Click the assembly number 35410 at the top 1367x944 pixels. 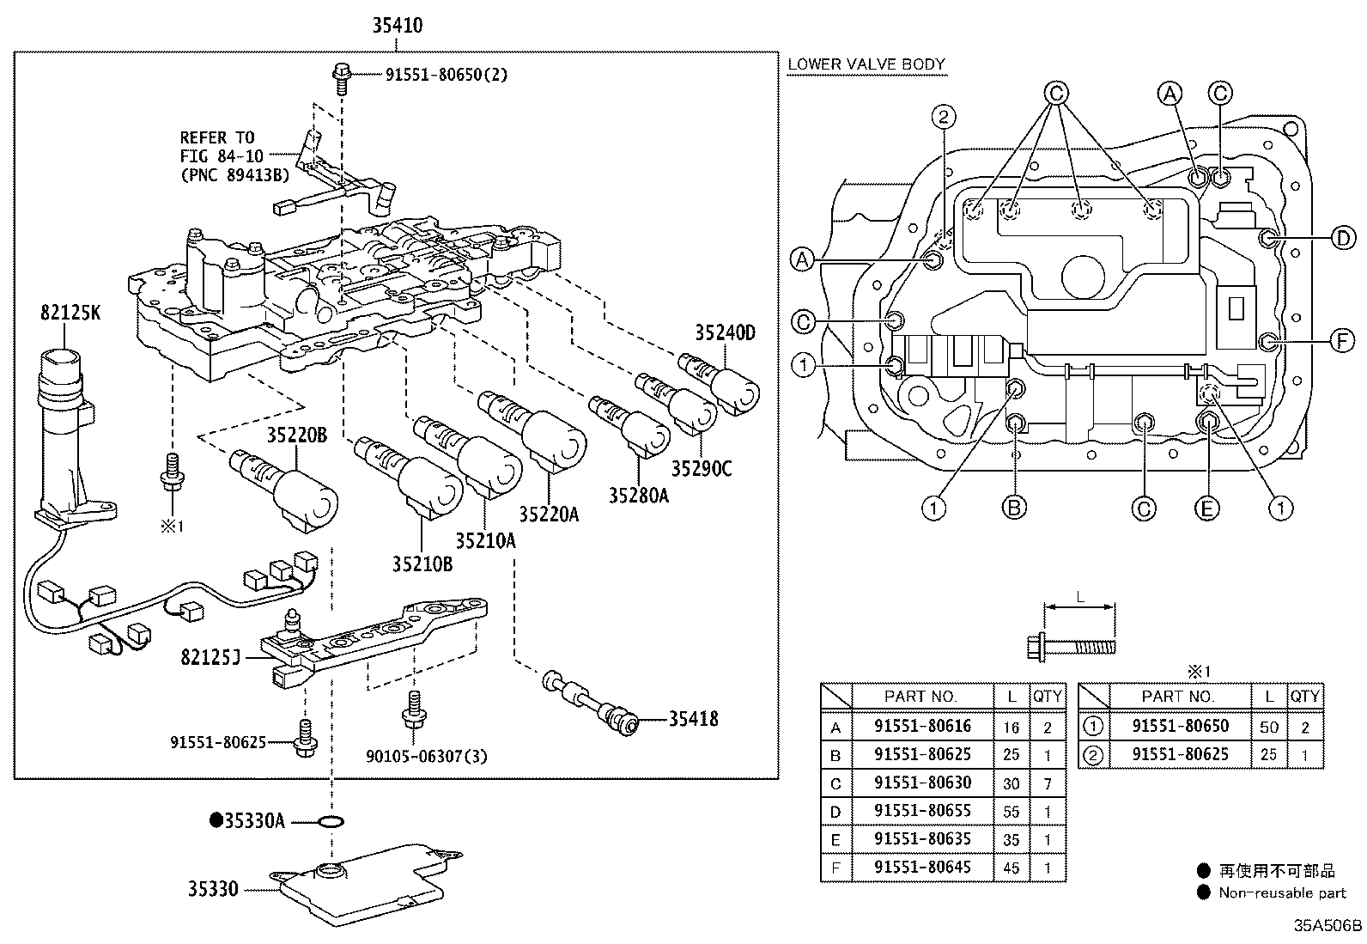tap(397, 26)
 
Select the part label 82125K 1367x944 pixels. tap(70, 313)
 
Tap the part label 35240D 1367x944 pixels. tap(725, 333)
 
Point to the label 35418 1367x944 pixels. tap(694, 719)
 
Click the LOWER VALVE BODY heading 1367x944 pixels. tap(866, 64)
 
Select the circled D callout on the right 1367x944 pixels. tap(1343, 238)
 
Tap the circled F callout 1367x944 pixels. tap(1343, 342)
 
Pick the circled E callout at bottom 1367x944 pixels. tap(1206, 509)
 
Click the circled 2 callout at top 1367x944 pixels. tap(943, 118)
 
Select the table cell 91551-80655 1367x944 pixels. tap(922, 811)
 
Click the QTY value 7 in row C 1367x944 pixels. tap(1048, 783)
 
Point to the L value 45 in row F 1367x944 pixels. tap(1011, 868)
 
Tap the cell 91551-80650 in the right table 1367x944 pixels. tap(1180, 726)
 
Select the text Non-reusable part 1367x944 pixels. tap(1282, 893)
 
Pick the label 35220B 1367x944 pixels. tap(296, 435)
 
